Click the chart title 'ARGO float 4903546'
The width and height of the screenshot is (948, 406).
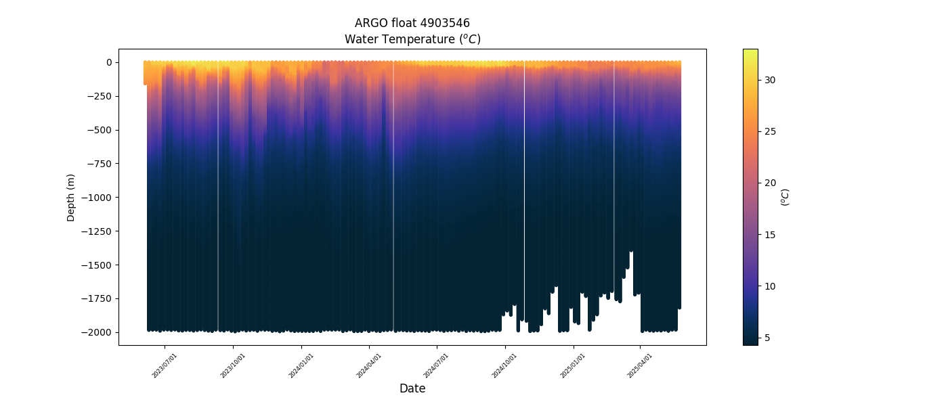point(412,23)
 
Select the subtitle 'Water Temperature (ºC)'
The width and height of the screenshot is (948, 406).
point(412,39)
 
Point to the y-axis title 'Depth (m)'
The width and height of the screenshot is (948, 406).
point(71,197)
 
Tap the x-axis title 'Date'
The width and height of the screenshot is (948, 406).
point(412,388)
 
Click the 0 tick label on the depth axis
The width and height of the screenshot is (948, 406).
point(108,62)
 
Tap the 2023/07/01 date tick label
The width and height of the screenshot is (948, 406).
point(165,365)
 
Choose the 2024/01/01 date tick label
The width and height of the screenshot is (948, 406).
point(301,365)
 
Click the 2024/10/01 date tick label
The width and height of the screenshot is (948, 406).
point(504,365)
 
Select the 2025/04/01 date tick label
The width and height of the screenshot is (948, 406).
point(640,365)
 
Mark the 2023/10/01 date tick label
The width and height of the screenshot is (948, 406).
point(233,365)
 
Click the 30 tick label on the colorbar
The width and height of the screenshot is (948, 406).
point(771,80)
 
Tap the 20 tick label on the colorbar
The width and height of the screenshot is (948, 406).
point(771,183)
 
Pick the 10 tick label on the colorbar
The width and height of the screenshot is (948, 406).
point(771,286)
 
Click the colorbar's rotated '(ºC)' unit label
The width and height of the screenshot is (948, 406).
point(785,197)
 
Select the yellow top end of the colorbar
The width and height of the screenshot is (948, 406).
point(750,52)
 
